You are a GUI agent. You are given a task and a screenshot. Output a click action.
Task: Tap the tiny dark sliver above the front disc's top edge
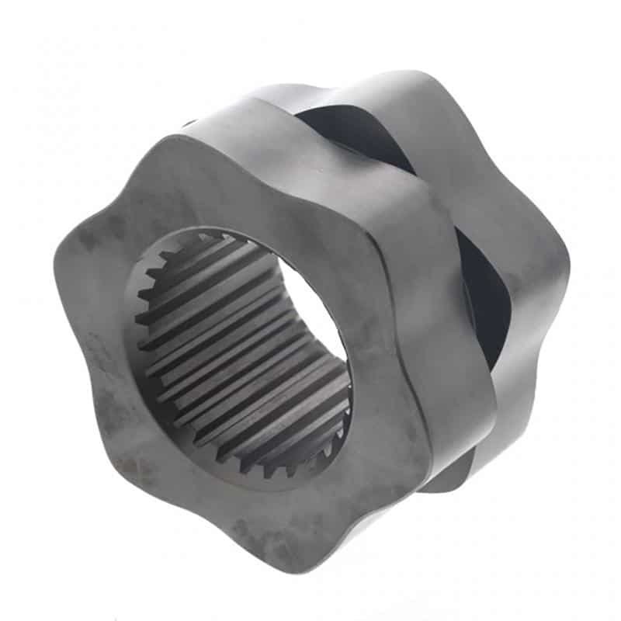click(189, 123)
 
